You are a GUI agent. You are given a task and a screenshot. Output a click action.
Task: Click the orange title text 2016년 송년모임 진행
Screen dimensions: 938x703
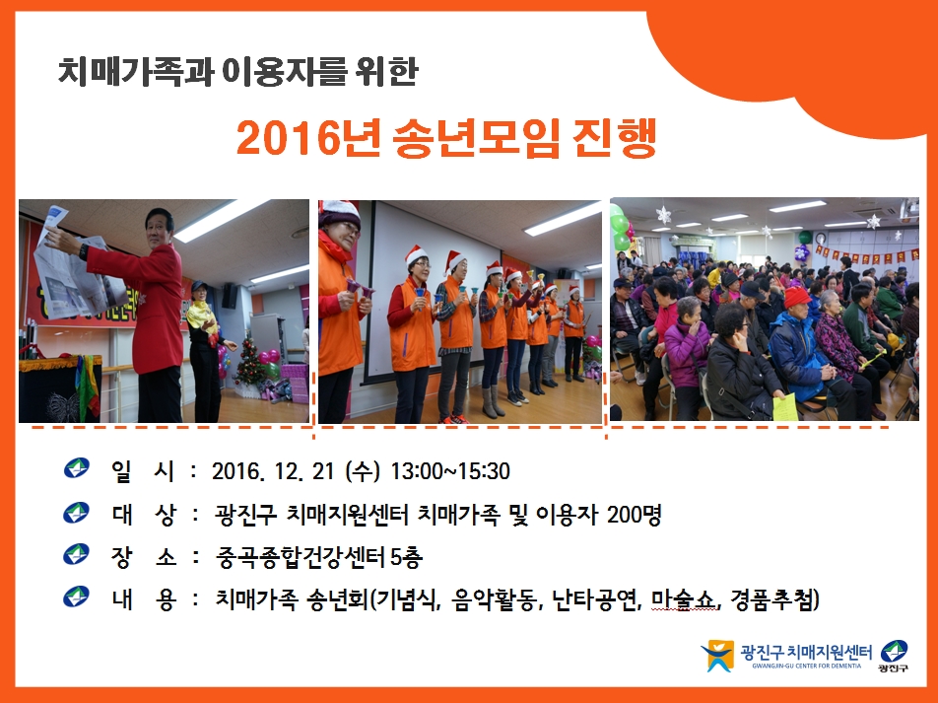(x=446, y=138)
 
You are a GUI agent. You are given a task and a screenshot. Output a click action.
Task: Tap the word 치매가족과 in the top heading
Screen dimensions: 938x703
(x=136, y=71)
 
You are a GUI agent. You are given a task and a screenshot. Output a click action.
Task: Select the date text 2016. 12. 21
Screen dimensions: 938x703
(x=273, y=472)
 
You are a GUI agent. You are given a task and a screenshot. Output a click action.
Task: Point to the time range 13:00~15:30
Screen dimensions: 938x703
(x=450, y=471)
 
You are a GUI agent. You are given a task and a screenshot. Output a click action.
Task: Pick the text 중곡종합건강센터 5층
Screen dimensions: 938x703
(x=319, y=557)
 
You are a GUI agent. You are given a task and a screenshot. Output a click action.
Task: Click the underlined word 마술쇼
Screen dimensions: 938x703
(x=684, y=598)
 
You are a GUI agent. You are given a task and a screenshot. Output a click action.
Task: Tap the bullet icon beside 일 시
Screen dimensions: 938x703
(x=76, y=467)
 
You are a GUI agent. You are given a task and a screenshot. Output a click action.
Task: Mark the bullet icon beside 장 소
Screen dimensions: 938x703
(x=76, y=554)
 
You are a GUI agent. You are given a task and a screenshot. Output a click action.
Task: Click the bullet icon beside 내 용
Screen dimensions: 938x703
(x=76, y=597)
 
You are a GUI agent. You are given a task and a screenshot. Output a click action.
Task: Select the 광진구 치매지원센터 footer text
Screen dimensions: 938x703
(x=806, y=652)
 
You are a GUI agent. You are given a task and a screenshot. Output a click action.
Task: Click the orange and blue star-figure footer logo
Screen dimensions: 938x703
(x=717, y=657)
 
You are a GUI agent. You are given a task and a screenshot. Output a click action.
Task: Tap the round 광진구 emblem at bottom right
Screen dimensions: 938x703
(x=894, y=651)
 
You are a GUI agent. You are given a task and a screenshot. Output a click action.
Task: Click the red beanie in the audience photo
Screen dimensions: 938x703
(x=796, y=297)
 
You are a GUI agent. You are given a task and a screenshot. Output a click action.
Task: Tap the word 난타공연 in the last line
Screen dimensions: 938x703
(x=593, y=598)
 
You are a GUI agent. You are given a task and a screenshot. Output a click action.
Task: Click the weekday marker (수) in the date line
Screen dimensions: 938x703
(x=363, y=472)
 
